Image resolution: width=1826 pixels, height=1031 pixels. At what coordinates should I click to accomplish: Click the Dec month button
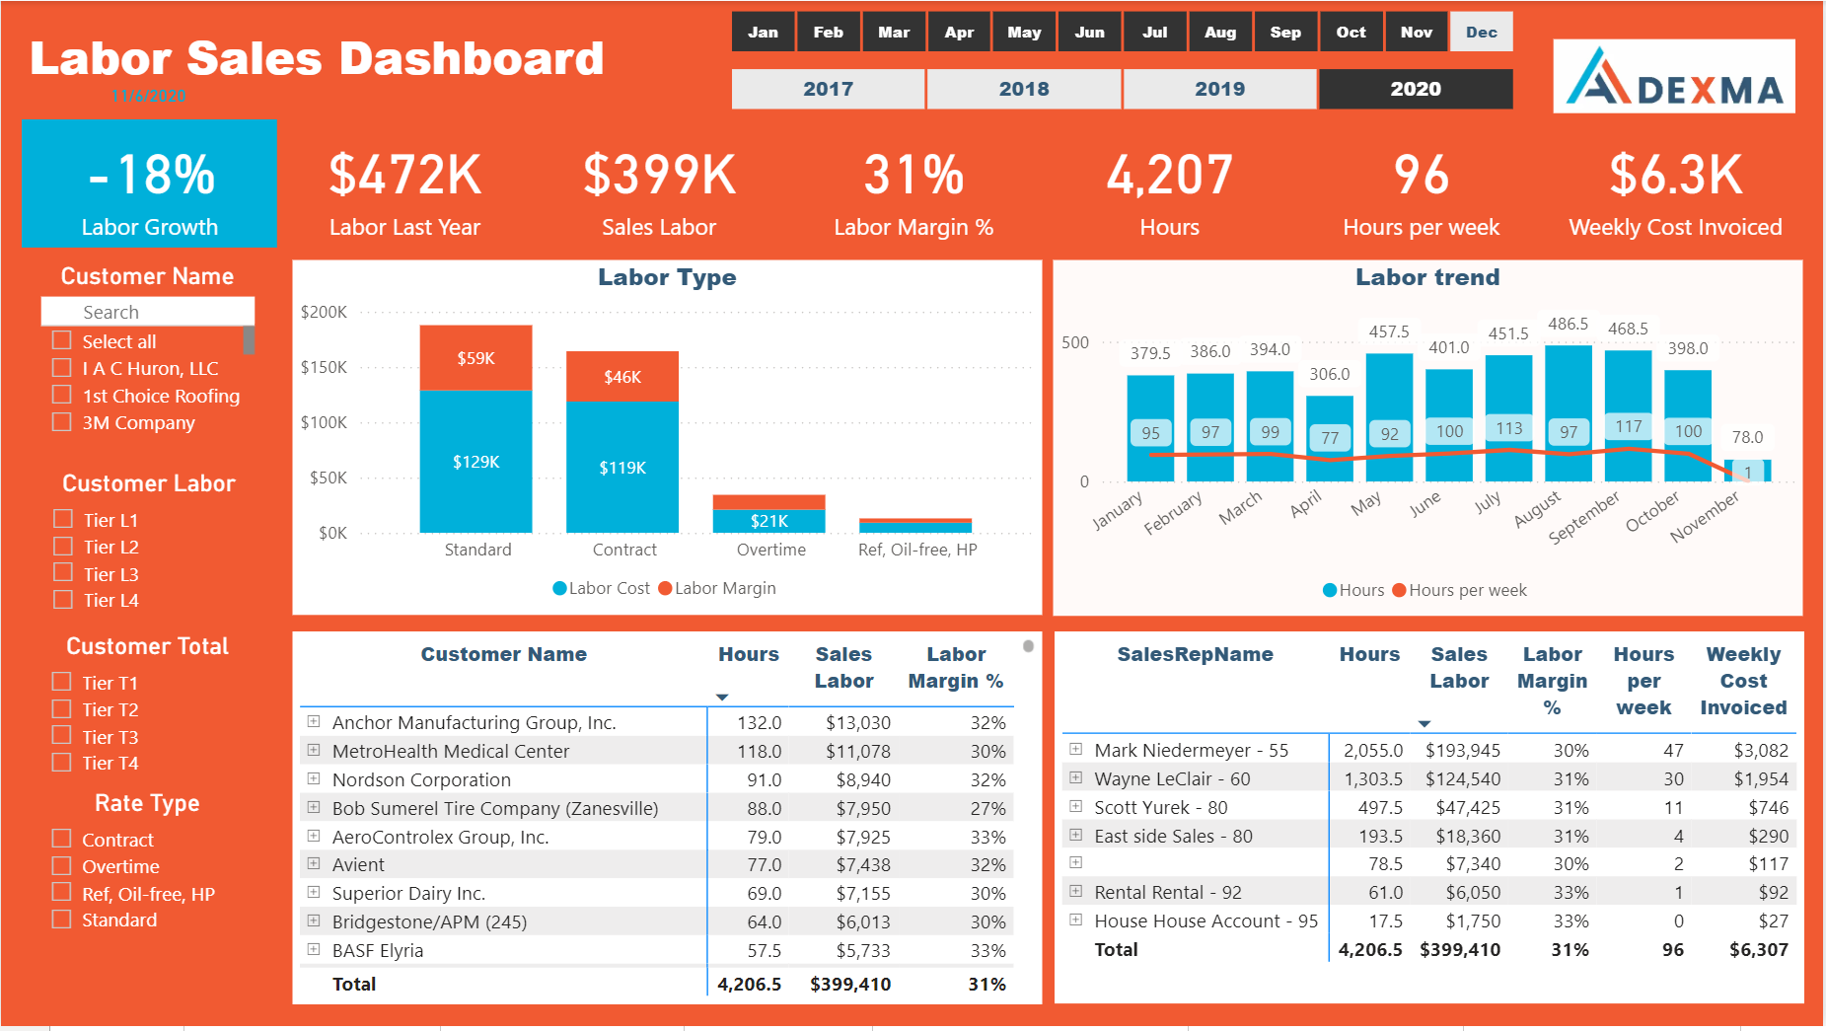1481,33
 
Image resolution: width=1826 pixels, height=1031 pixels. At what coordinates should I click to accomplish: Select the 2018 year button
1023,89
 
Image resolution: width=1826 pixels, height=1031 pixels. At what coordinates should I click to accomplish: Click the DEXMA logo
1674,77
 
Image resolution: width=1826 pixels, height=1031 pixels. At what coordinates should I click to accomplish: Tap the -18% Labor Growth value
151,175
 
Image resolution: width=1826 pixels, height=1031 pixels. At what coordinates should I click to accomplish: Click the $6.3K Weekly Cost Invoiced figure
1675,175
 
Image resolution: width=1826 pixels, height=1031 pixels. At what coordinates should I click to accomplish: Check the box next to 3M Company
62,422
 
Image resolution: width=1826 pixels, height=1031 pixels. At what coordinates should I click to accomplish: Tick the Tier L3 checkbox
63,573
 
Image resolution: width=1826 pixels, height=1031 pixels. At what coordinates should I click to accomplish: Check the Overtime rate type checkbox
62,866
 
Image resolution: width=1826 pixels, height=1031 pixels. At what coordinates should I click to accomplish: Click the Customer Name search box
148,312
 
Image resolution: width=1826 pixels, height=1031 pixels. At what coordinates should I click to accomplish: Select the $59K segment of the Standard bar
475,358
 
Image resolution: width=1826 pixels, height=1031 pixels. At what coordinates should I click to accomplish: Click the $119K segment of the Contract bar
622,467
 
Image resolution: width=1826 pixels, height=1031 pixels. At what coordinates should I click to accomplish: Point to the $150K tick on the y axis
324,367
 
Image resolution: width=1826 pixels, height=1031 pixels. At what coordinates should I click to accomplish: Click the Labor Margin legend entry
717,588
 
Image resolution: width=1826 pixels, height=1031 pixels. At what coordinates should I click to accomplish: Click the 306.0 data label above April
1329,375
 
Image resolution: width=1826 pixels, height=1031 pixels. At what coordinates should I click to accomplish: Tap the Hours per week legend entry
1459,590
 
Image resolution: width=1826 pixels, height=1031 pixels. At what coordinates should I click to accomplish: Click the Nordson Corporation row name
421,779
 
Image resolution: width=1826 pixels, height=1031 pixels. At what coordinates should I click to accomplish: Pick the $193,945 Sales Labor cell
1462,750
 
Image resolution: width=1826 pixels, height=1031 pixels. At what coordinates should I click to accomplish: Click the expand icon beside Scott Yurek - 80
1076,807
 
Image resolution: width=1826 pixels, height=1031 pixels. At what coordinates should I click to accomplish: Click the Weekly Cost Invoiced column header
1742,681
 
